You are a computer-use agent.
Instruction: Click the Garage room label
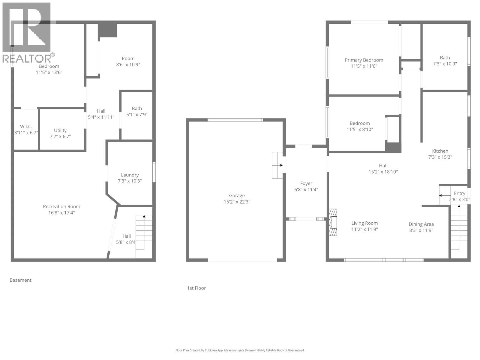[x=237, y=196]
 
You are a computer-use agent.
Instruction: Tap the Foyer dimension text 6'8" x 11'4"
[x=306, y=190]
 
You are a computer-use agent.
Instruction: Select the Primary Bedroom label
[x=364, y=60]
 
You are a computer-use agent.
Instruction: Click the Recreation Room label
[x=61, y=207]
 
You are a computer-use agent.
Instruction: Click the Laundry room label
[x=130, y=175]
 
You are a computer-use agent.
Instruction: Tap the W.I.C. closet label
[x=26, y=127]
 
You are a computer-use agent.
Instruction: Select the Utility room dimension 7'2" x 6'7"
[x=60, y=136]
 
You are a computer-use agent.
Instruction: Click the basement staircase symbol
[x=144, y=236]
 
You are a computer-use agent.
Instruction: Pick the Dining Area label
[x=421, y=224]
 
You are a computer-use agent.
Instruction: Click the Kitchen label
[x=440, y=151]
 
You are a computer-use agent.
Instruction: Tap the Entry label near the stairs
[x=459, y=193]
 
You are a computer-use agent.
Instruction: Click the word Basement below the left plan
[x=20, y=280]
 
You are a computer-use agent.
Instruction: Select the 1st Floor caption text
[x=196, y=288]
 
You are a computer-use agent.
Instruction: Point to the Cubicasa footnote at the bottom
[x=240, y=350]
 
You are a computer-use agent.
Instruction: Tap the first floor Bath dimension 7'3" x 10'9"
[x=445, y=64]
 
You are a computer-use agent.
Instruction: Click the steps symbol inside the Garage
[x=277, y=165]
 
